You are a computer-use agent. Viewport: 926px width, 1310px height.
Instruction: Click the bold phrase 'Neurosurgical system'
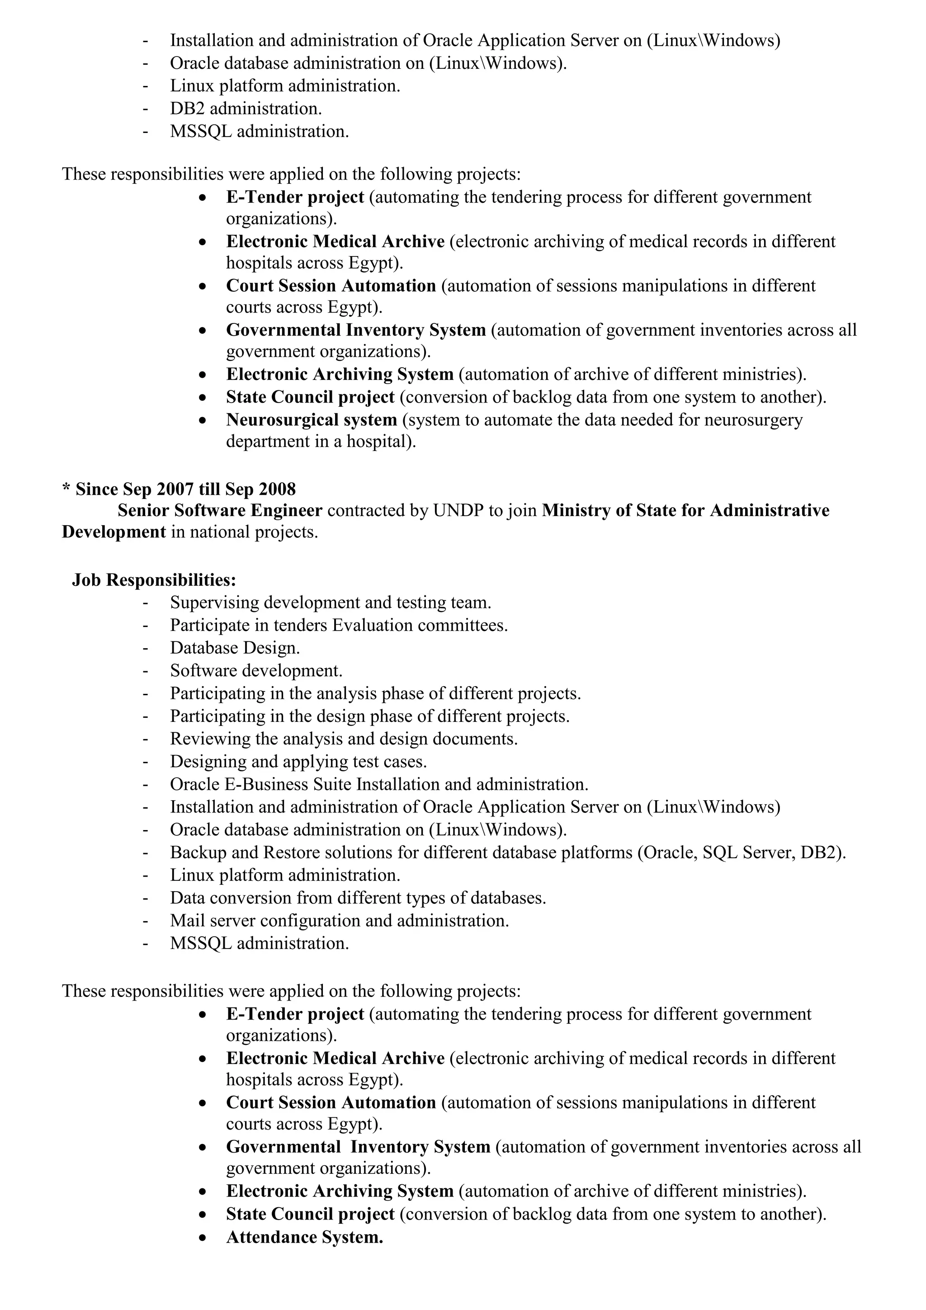click(312, 420)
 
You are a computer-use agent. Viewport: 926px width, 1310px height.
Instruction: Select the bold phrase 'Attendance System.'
click(304, 1237)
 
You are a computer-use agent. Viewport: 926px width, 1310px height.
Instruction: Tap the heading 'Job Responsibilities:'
click(154, 580)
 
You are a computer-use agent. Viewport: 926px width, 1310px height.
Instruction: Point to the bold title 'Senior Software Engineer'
click(220, 510)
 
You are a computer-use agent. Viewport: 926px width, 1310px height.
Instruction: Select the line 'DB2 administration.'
click(246, 109)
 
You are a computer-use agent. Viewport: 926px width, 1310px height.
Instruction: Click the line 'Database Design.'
click(235, 648)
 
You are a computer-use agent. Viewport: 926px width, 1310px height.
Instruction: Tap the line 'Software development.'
click(256, 670)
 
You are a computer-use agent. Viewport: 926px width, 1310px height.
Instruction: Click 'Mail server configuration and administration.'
click(339, 921)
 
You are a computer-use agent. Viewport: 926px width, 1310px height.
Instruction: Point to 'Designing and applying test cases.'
click(298, 762)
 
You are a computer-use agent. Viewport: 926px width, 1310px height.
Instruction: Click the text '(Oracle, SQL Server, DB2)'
click(741, 852)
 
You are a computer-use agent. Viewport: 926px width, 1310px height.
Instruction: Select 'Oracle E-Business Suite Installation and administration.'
click(378, 784)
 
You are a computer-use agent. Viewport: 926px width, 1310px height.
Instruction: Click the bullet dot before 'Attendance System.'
click(203, 1238)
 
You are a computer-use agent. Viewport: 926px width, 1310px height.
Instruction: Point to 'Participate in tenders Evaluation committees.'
click(339, 625)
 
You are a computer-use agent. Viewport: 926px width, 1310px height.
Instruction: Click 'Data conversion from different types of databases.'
click(358, 898)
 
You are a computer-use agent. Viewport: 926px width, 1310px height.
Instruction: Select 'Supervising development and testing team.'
click(330, 603)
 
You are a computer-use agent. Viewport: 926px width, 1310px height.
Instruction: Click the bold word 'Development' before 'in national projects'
click(113, 532)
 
